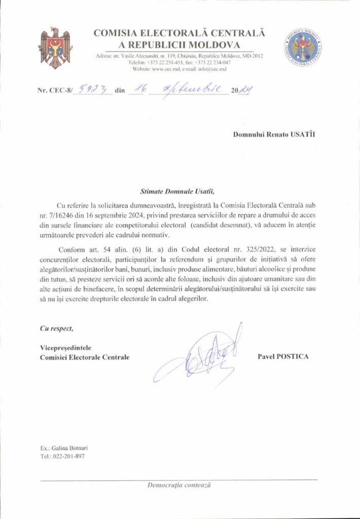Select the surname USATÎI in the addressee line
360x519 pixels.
click(305, 135)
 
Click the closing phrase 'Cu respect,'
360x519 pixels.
click(56, 328)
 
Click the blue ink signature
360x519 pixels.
click(203, 355)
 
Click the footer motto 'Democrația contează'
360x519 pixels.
click(179, 485)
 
